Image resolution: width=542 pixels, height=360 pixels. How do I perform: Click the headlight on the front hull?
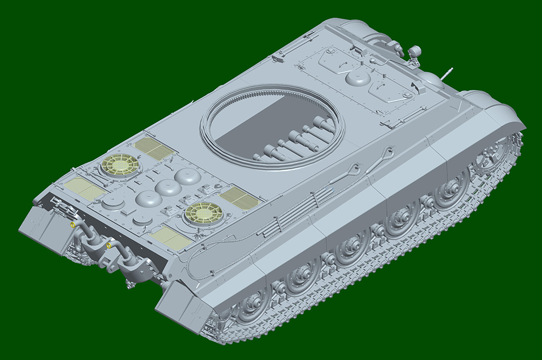click(x=414, y=52)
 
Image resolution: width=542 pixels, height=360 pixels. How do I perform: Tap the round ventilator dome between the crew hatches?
click(x=358, y=77)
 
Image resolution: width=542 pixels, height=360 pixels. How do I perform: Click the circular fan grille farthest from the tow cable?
click(x=120, y=165)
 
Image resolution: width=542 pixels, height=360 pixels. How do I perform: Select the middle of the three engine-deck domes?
click(x=168, y=187)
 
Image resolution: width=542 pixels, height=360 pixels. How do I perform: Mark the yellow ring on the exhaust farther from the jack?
click(x=109, y=245)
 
